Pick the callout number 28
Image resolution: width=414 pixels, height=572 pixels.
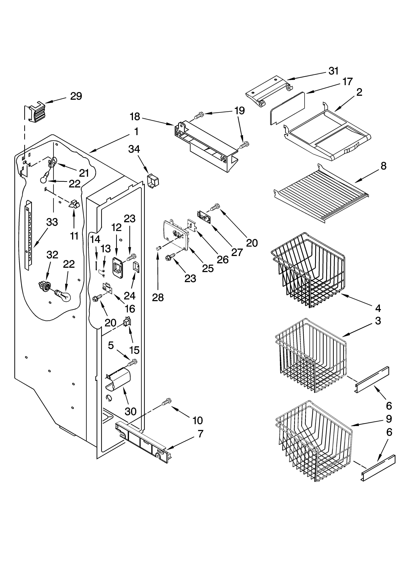[158, 298]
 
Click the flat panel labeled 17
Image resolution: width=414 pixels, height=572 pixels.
[287, 108]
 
